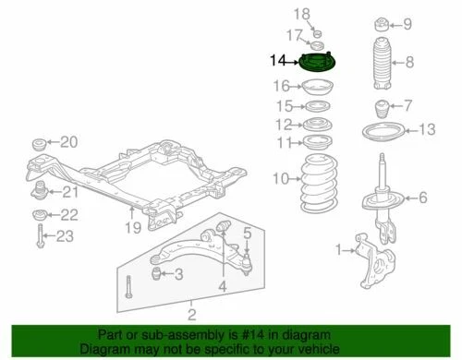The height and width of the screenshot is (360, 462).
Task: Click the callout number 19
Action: click(x=133, y=227)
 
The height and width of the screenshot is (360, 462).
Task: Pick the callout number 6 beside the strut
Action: click(x=422, y=197)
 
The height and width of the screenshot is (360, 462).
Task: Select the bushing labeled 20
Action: click(x=39, y=144)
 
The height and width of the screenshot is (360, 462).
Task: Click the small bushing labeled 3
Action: click(x=157, y=273)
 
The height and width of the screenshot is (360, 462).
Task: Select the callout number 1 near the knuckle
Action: click(x=339, y=247)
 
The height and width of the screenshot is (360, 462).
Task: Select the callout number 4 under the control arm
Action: click(x=223, y=287)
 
